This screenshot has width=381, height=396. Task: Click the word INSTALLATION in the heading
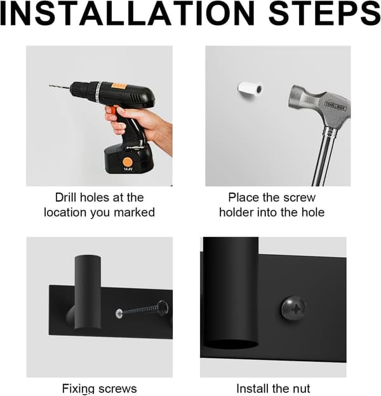tap(127, 13)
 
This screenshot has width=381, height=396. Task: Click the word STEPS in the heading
tap(324, 13)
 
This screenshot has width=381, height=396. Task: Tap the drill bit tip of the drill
tap(50, 86)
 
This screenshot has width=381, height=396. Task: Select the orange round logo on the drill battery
tap(127, 162)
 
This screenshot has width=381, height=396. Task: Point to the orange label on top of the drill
tap(119, 86)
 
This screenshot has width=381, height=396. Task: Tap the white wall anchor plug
tap(250, 89)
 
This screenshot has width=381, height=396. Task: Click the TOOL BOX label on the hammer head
tap(335, 105)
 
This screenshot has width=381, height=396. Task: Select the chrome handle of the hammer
tap(324, 156)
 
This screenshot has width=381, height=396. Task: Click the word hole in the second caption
tap(313, 212)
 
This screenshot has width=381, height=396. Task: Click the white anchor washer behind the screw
tap(119, 314)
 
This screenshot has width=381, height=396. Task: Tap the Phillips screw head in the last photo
tap(293, 309)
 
